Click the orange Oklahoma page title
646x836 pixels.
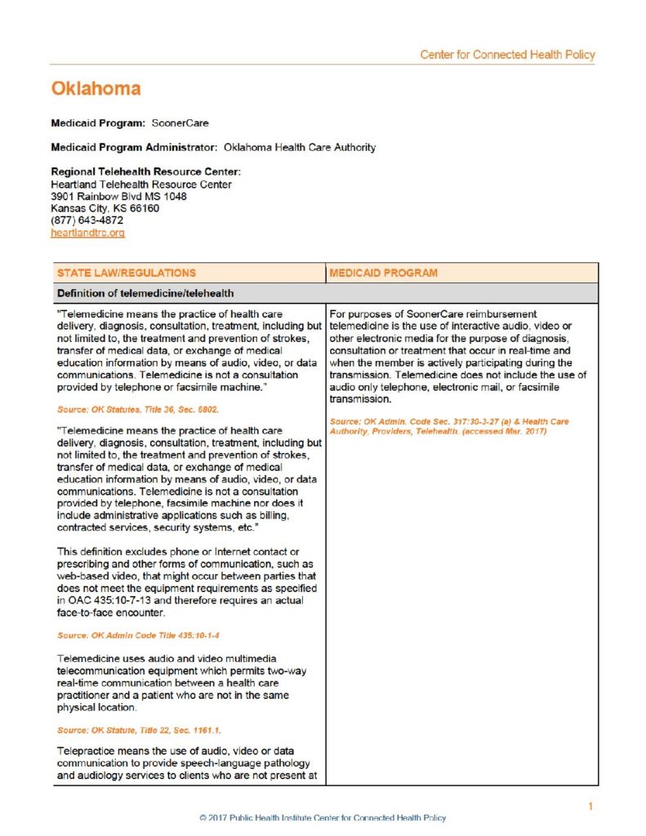click(96, 88)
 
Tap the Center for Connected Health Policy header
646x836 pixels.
click(507, 55)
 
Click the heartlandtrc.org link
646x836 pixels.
click(87, 233)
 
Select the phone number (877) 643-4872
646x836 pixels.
click(87, 220)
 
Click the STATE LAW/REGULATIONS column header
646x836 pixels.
click(127, 273)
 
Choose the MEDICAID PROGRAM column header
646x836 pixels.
click(383, 273)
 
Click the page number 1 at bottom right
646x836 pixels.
click(590, 807)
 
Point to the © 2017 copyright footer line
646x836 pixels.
click(323, 817)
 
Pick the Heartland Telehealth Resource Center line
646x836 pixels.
click(140, 185)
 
